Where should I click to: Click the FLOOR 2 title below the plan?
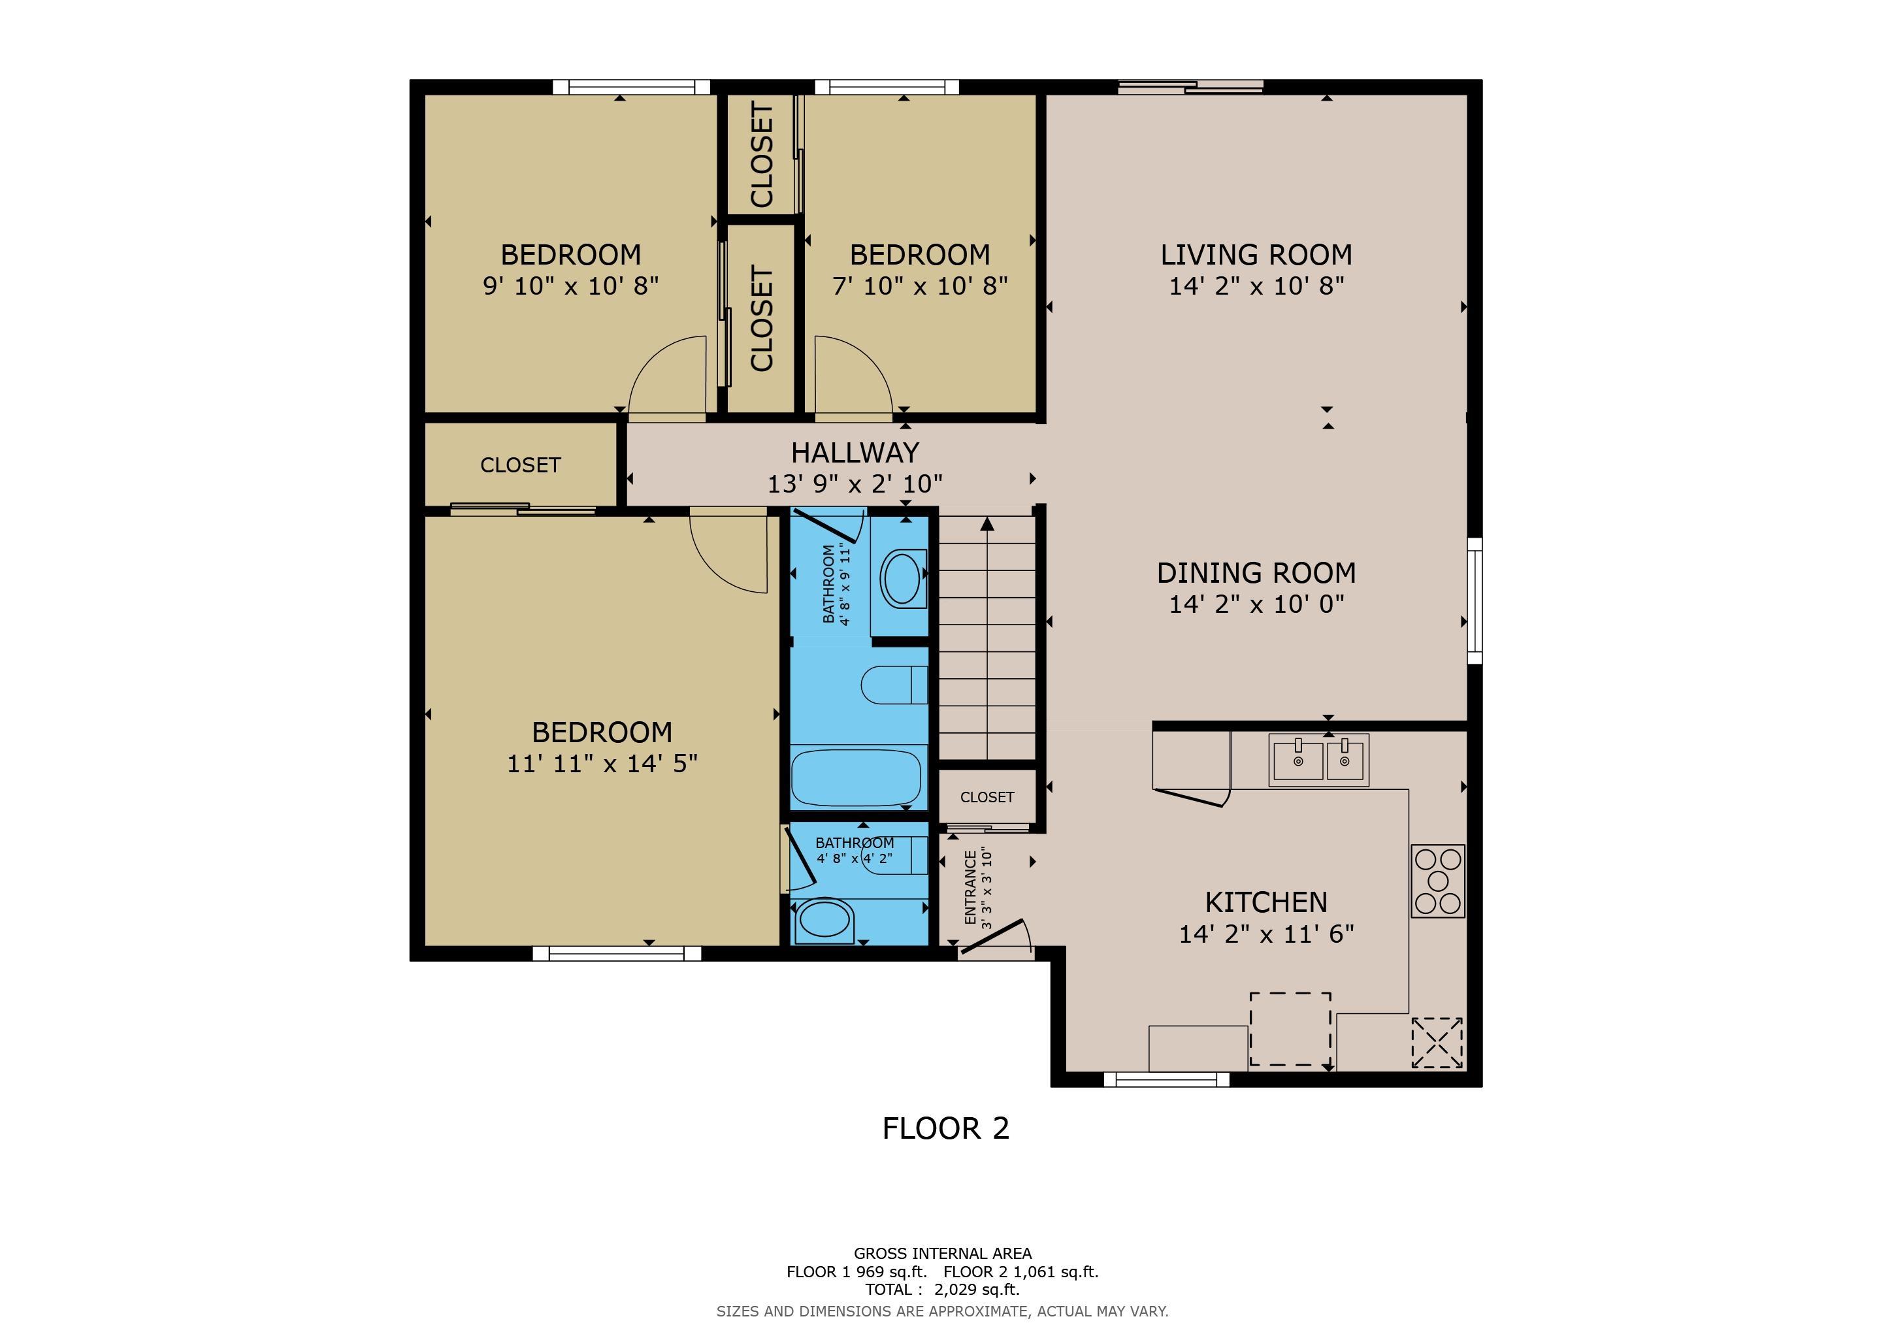[x=945, y=1128]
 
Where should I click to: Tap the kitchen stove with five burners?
[x=1438, y=881]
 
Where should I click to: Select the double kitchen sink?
[x=1318, y=760]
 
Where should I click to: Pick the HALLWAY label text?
[x=855, y=452]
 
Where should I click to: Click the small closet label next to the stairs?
[x=987, y=796]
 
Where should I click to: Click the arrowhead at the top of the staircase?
[x=987, y=523]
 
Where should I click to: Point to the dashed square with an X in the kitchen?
[x=1437, y=1042]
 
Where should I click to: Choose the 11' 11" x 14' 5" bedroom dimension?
[x=602, y=764]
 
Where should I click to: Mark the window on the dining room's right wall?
[x=1475, y=600]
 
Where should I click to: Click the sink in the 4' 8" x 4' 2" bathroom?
[x=823, y=921]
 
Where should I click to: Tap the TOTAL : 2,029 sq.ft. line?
[x=942, y=1290]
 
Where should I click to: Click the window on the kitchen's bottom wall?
[x=1166, y=1079]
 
